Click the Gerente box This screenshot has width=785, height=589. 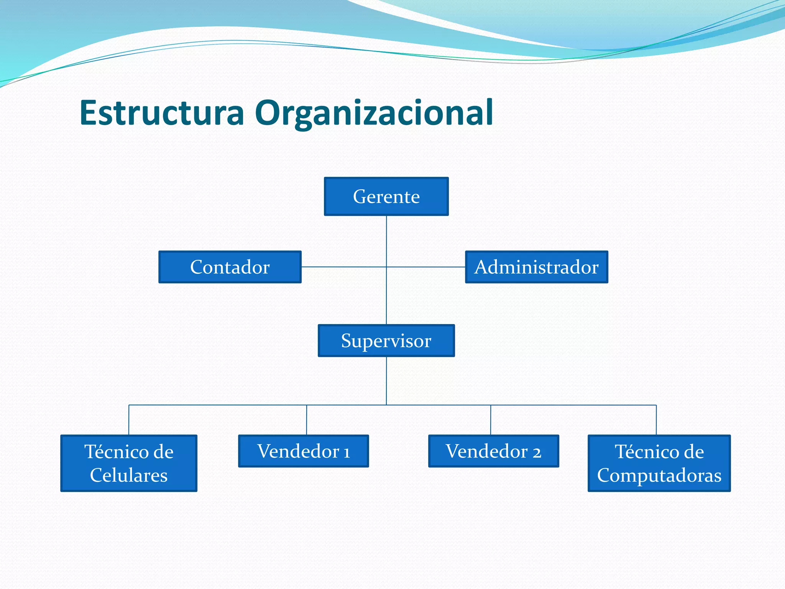click(x=386, y=196)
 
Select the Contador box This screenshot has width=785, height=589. click(x=230, y=267)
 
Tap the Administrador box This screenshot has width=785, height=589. click(x=536, y=267)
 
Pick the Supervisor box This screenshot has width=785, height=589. click(x=386, y=341)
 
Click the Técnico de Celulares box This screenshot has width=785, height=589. click(x=129, y=463)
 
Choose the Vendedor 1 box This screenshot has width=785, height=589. click(x=303, y=451)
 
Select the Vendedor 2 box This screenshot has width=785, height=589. click(x=493, y=451)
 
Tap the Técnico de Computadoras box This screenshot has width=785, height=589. click(x=659, y=463)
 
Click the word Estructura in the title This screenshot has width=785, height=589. click(x=162, y=113)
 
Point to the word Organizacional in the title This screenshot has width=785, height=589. click(x=374, y=113)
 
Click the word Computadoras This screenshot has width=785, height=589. click(x=659, y=475)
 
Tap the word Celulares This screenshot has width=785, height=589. click(x=129, y=475)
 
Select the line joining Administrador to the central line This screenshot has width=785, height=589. click(x=425, y=267)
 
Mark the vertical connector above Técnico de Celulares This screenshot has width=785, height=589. click(x=129, y=420)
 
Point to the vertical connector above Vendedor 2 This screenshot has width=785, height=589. click(x=491, y=420)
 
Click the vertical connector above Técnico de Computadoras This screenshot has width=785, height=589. click(x=656, y=420)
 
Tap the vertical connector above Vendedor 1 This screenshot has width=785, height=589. click(x=307, y=420)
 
